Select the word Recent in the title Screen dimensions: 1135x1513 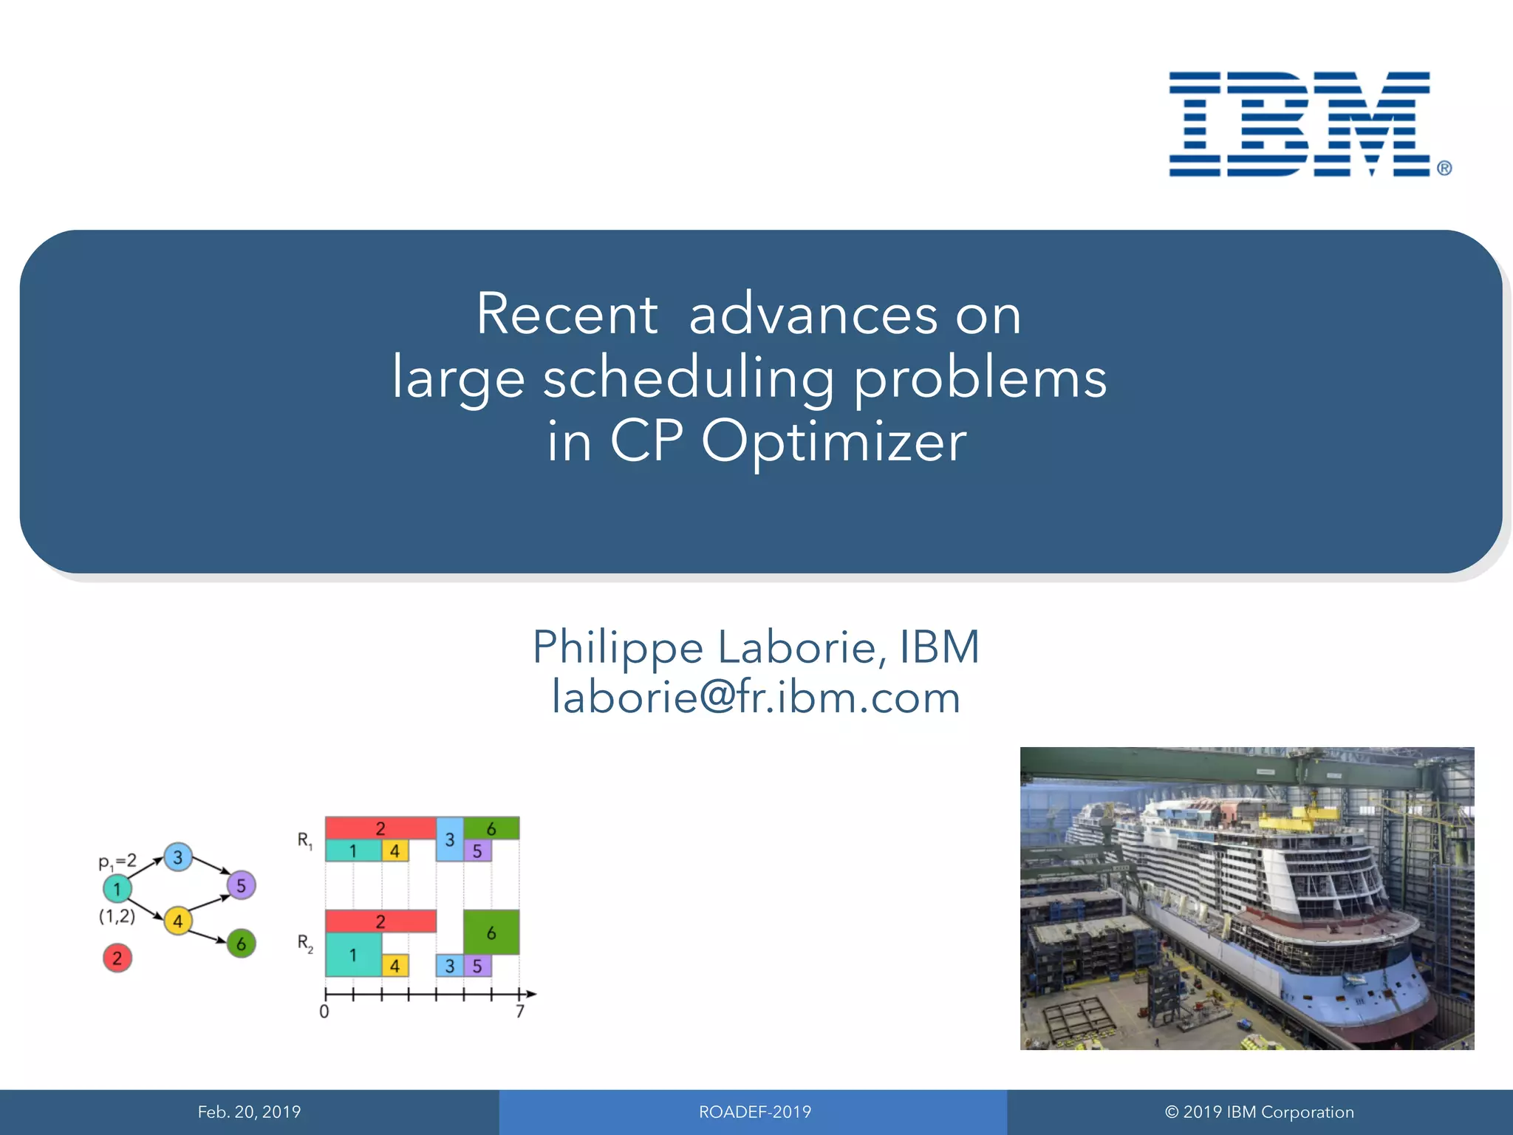tap(567, 314)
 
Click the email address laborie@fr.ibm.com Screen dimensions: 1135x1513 tap(756, 697)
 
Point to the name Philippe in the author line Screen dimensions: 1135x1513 tap(618, 647)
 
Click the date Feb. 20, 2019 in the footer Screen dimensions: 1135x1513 tap(249, 1112)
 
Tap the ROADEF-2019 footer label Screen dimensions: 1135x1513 tap(755, 1112)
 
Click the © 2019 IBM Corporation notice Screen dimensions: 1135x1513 tap(1260, 1112)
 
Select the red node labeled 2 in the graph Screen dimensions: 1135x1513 tap(117, 958)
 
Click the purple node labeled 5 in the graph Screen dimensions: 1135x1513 tap(241, 885)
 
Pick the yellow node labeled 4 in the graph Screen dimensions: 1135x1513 tap(177, 921)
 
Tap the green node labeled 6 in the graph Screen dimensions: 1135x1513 tap(241, 944)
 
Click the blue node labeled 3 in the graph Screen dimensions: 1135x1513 tap(177, 857)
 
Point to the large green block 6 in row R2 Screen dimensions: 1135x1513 tap(491, 933)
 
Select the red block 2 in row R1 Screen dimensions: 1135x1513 tap(380, 828)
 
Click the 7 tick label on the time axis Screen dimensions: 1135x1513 tap(520, 1012)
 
